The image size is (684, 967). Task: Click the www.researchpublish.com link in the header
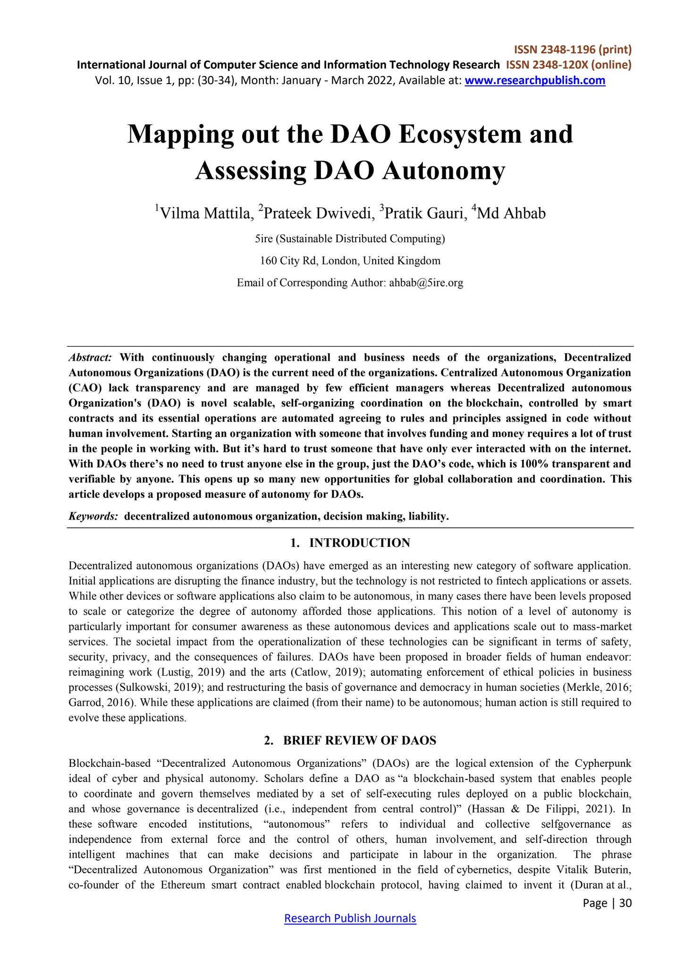click(535, 81)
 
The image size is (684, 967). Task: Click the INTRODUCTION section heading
click(359, 543)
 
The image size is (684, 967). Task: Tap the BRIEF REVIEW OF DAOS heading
click(359, 740)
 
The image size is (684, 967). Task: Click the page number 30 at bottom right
click(625, 903)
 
